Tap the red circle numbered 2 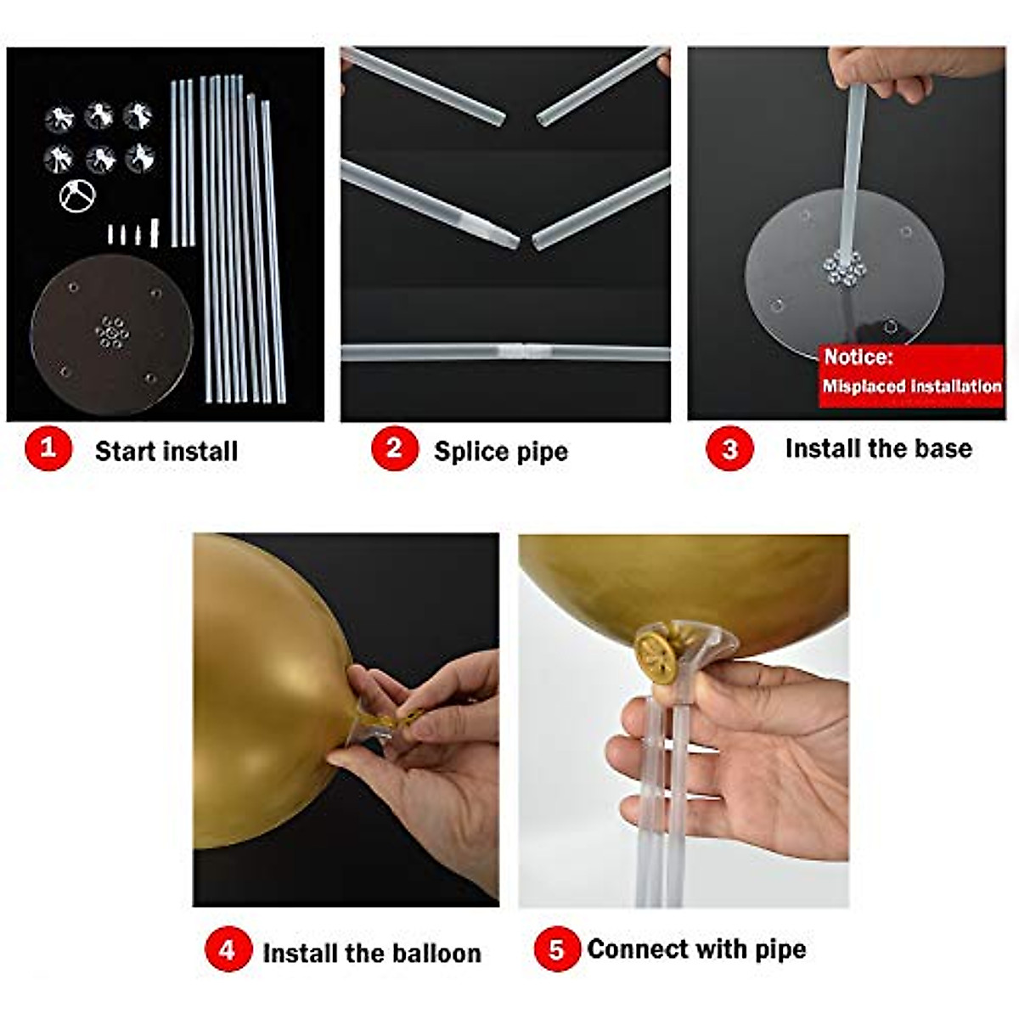pyautogui.click(x=394, y=448)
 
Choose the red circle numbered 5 pyautogui.click(x=556, y=949)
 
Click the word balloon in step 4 pyautogui.click(x=436, y=953)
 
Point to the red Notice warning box pyautogui.click(x=910, y=374)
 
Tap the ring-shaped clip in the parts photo pyautogui.click(x=77, y=196)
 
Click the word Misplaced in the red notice pyautogui.click(x=862, y=386)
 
